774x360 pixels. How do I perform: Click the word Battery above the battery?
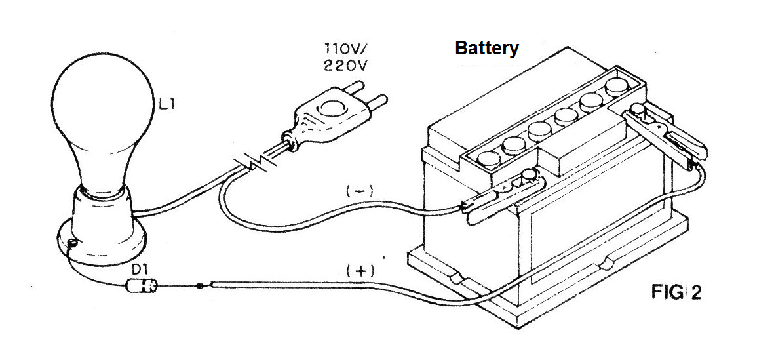(487, 49)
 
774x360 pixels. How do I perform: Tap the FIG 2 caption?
(676, 292)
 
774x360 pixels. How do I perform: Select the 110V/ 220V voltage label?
(345, 57)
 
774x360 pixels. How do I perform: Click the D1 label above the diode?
(139, 270)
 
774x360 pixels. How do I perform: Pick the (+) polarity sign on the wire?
(360, 271)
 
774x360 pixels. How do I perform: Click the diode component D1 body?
(142, 286)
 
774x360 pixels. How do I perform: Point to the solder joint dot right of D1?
(200, 285)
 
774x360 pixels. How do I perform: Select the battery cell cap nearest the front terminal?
(489, 159)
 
